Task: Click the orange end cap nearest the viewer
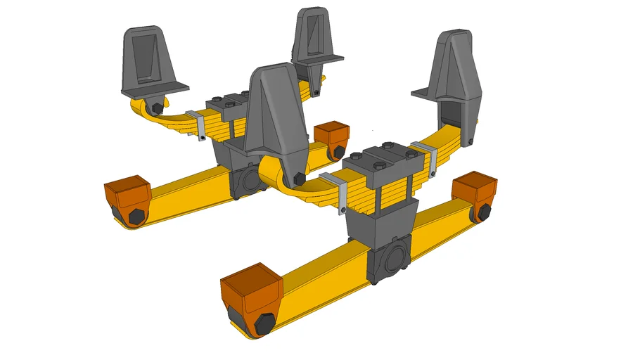[251, 288]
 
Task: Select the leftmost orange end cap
[127, 192]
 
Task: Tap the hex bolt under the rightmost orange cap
[485, 211]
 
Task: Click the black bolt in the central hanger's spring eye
[297, 178]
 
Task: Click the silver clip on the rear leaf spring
[200, 125]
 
